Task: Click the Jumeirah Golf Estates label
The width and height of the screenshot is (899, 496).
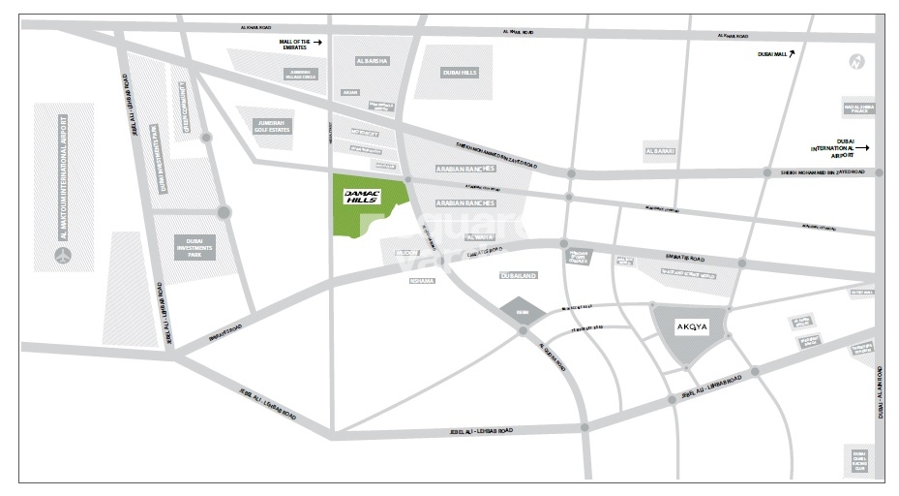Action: pyautogui.click(x=270, y=125)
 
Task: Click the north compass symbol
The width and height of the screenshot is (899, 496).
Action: pyautogui.click(x=855, y=62)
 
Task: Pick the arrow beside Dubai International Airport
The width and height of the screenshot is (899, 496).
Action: pyautogui.click(x=863, y=148)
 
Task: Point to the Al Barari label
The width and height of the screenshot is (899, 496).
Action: pyautogui.click(x=659, y=150)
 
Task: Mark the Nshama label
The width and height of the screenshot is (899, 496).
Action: pyautogui.click(x=423, y=280)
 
